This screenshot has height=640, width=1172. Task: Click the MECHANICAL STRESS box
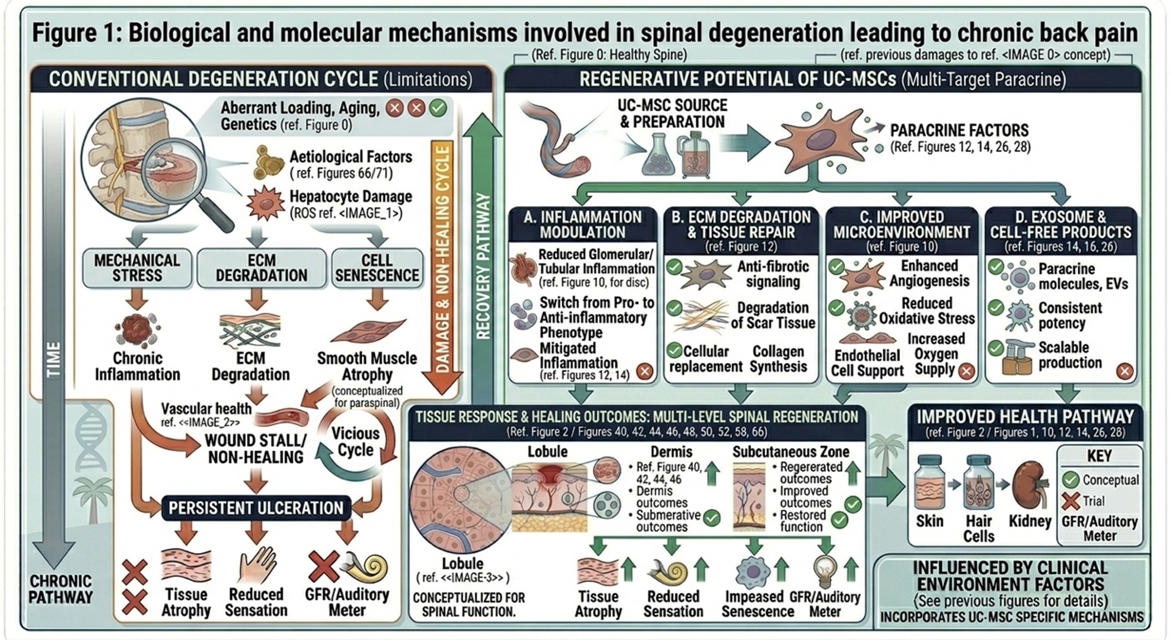click(137, 268)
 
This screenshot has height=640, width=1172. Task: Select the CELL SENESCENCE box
click(377, 268)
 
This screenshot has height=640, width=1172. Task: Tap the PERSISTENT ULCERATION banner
click(255, 508)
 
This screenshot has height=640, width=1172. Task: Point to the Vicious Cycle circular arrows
click(355, 442)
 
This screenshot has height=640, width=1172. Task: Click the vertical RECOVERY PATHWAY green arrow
click(482, 254)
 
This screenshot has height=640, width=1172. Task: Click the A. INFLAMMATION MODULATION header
click(582, 224)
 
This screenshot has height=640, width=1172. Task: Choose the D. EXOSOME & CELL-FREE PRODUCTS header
click(1060, 224)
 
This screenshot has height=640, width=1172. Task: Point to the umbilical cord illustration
click(557, 141)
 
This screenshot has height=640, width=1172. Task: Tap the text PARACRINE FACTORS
click(959, 130)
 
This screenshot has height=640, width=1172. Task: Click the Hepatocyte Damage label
click(350, 197)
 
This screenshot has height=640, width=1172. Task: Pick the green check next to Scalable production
click(996, 347)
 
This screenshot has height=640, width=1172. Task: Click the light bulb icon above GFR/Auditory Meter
click(824, 571)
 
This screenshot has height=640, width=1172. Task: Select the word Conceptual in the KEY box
click(1110, 480)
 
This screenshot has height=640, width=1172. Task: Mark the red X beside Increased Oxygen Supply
click(966, 371)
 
